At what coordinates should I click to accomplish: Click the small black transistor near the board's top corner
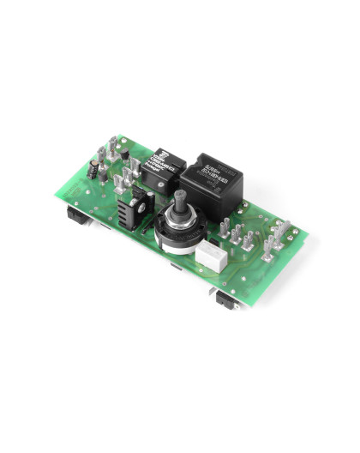coord(123,154)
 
